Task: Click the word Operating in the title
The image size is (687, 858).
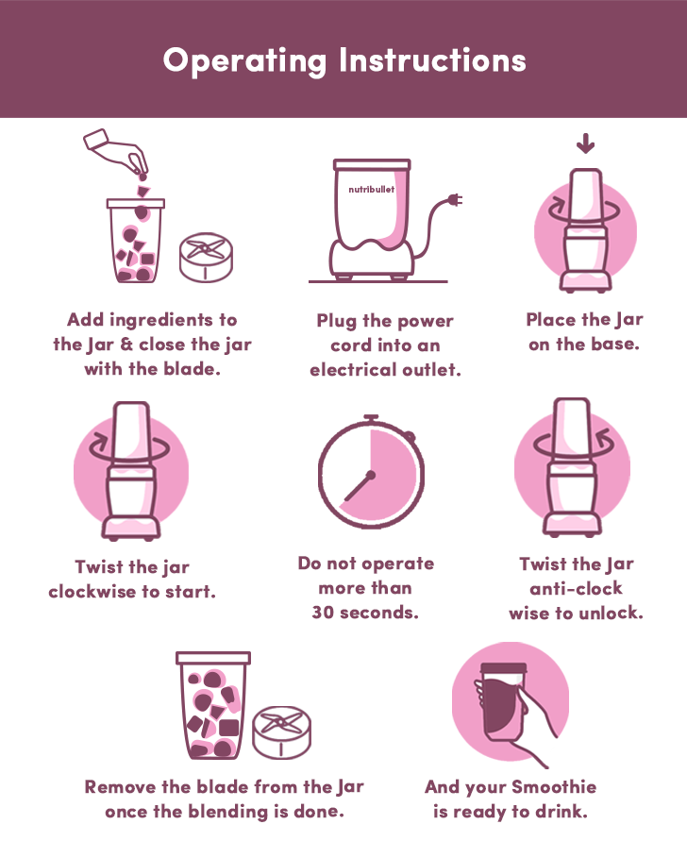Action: (x=244, y=61)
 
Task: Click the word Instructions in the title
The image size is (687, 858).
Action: (x=432, y=59)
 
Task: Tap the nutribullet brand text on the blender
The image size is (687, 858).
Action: (x=372, y=190)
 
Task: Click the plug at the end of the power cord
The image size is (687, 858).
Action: (x=455, y=199)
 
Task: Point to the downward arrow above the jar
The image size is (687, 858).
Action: (x=585, y=143)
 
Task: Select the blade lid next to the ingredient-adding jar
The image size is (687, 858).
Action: (x=207, y=258)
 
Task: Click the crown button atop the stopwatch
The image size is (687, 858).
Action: (x=372, y=418)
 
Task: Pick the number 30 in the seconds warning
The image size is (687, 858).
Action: (x=323, y=613)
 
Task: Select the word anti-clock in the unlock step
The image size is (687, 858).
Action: (x=576, y=588)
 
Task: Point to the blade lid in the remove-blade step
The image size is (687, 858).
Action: (x=282, y=732)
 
